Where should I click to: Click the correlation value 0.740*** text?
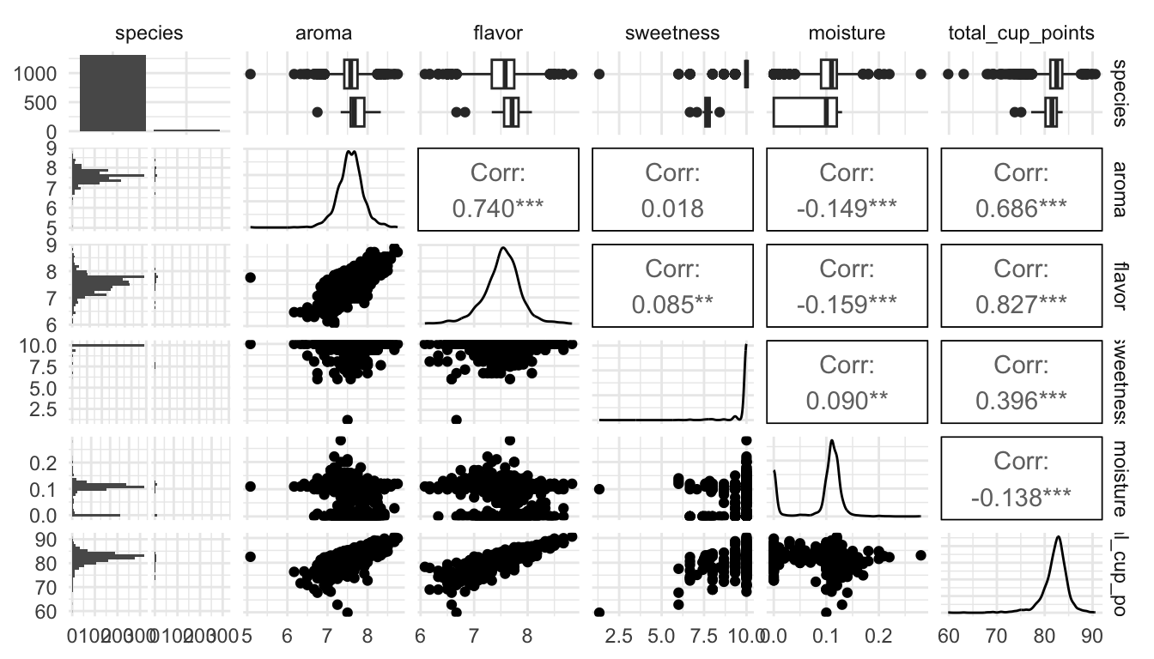499,208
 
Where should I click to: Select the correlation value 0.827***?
1019,305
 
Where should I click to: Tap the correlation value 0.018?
673,208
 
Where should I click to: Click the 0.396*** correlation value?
1019,401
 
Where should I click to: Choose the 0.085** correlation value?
673,305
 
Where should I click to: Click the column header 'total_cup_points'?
1019,33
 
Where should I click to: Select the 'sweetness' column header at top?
673,33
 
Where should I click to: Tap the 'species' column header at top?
150,33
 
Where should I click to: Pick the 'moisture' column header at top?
846,33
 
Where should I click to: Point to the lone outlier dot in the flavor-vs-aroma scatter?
251,277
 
